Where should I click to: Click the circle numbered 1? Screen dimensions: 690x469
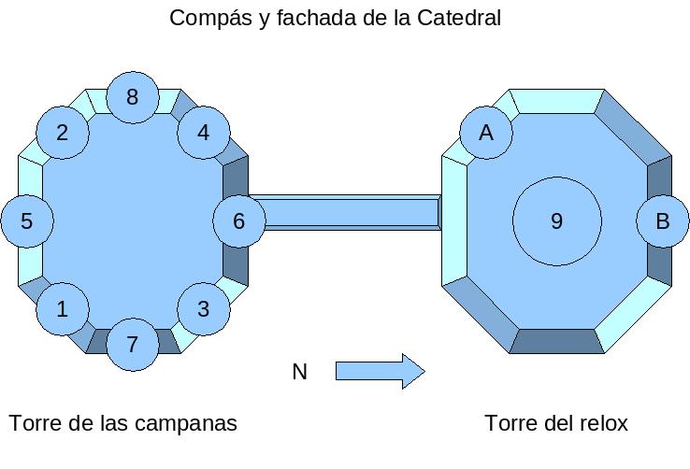click(x=63, y=309)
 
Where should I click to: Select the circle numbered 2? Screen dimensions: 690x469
click(x=63, y=133)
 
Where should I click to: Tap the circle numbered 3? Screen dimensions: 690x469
click(x=204, y=309)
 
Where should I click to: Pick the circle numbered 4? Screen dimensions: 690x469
click(x=204, y=133)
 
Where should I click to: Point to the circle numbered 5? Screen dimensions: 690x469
click(x=27, y=220)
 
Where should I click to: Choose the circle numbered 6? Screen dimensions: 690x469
click(x=239, y=220)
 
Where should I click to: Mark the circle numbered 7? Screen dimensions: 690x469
click(x=133, y=344)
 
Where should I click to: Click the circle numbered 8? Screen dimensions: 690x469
click(x=133, y=97)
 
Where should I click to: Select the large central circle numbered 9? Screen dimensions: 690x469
click(x=556, y=221)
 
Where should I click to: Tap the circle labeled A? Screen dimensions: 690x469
click(x=486, y=133)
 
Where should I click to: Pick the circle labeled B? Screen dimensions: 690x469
click(x=663, y=220)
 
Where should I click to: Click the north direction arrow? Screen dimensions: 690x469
click(x=381, y=372)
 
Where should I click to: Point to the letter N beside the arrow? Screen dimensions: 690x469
click(x=299, y=372)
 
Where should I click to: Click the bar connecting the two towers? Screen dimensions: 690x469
click(x=352, y=212)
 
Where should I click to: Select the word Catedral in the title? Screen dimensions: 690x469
click(x=459, y=18)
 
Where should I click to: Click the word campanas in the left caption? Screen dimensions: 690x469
click(x=186, y=424)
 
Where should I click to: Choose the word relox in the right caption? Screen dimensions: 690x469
click(x=604, y=423)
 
